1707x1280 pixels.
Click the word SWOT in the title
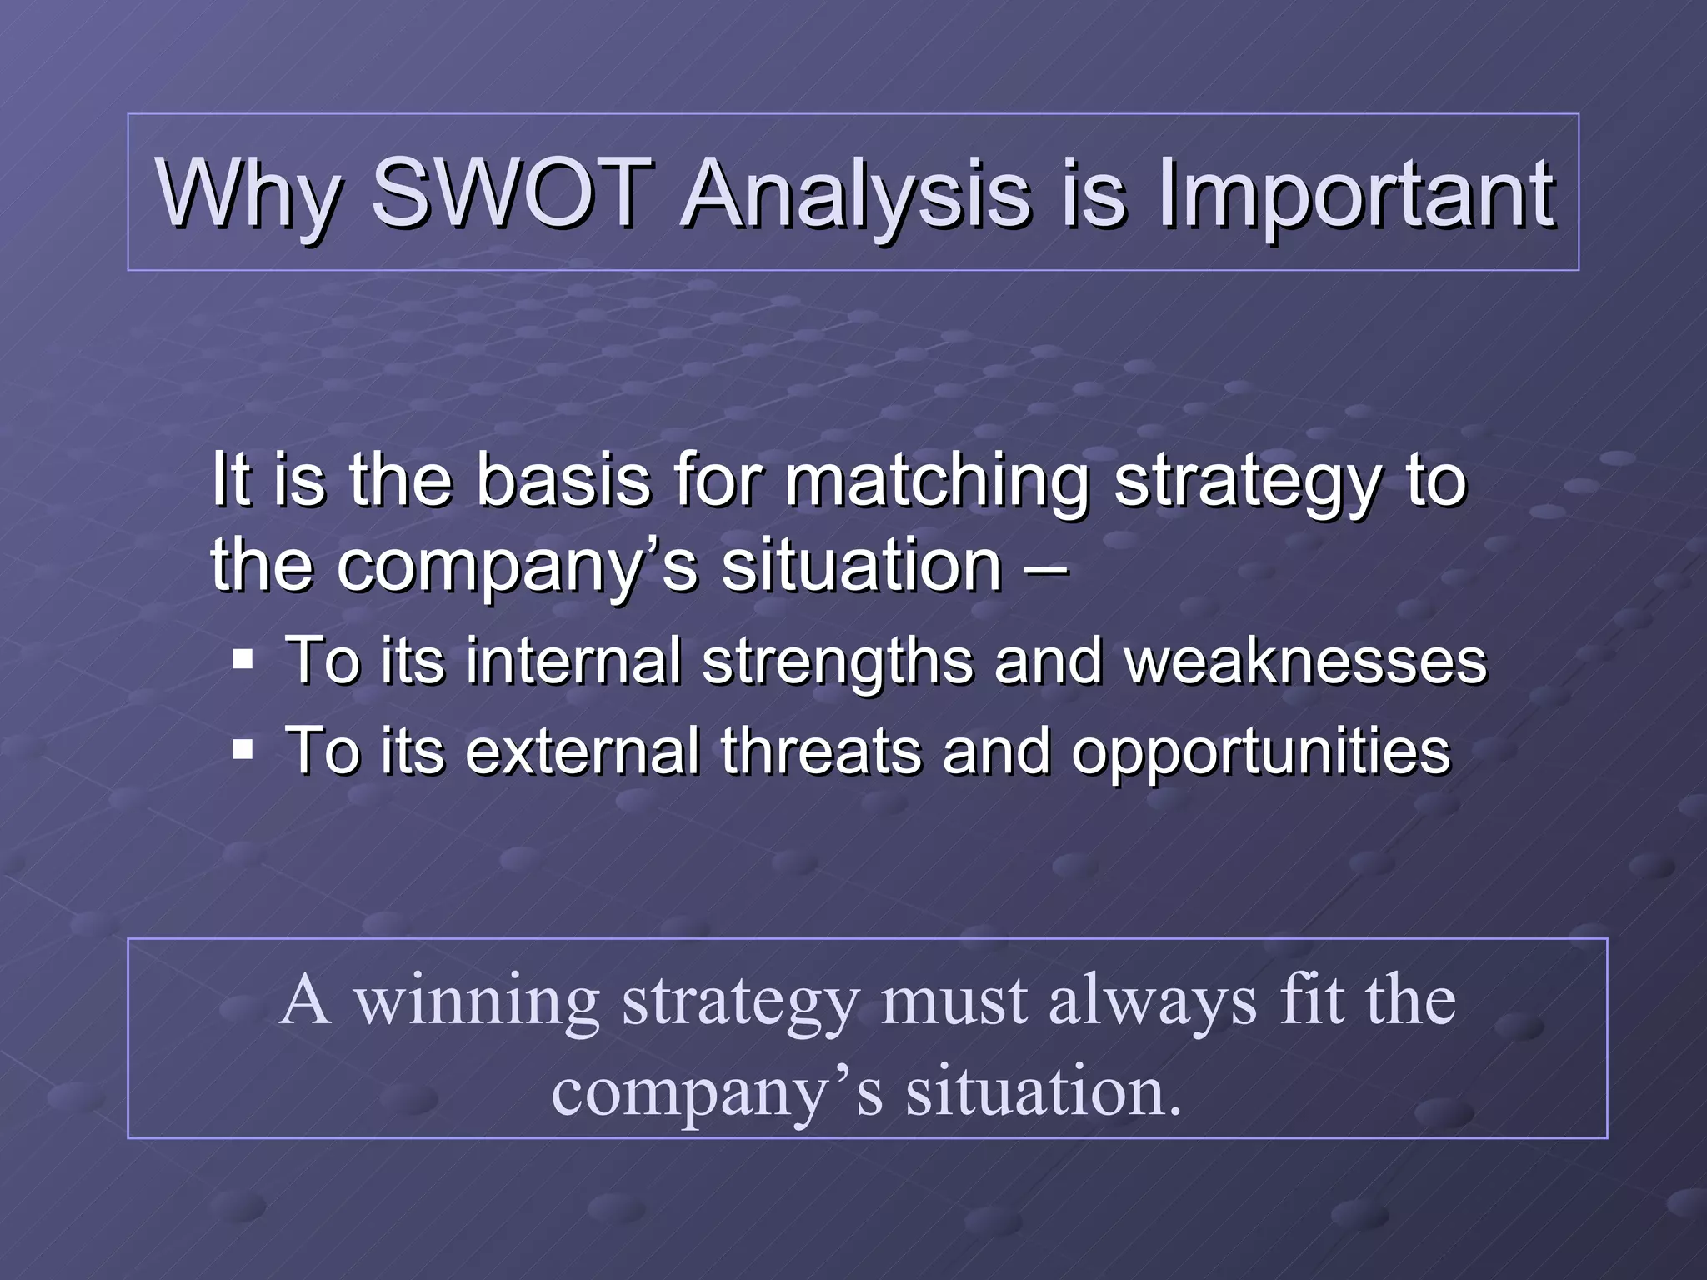coord(509,193)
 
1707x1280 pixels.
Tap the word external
coord(582,751)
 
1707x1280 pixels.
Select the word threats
coord(821,751)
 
